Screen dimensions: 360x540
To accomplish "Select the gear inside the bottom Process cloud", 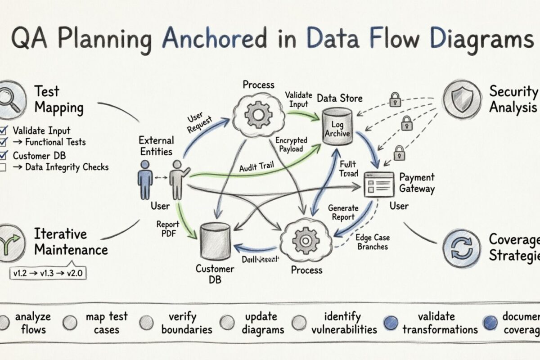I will (x=306, y=241).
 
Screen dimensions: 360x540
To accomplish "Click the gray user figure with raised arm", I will (x=176, y=179).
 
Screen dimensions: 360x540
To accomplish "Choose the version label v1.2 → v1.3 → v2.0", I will (x=49, y=273).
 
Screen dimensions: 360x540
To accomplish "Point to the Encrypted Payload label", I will (x=291, y=145).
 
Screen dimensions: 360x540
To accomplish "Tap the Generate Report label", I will (x=343, y=212).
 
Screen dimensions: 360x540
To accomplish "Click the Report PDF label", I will (x=167, y=229).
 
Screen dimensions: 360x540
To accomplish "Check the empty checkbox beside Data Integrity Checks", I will (x=3, y=167).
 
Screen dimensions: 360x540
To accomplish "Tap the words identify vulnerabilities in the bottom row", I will (x=344, y=323).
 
